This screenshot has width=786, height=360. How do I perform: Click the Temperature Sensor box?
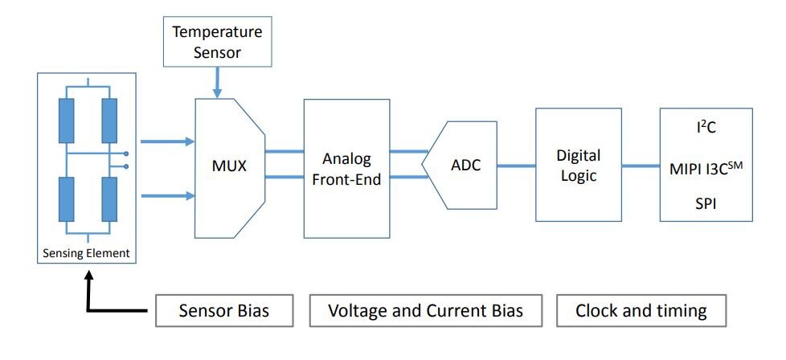coord(218,42)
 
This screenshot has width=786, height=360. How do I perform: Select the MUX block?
coord(230,168)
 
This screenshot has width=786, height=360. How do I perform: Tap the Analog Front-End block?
coord(347,169)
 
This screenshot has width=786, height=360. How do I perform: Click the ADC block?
coord(460,165)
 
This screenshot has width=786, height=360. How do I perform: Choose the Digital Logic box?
coord(579,165)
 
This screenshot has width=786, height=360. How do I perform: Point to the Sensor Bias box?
coord(224,311)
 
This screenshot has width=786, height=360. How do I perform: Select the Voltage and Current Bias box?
coord(426,311)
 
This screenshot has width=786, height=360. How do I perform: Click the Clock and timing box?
coord(641,311)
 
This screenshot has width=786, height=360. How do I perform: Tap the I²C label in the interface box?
coord(706,128)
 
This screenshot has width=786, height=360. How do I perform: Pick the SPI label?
coord(706,204)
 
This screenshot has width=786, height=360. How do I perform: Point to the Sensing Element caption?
coord(86,253)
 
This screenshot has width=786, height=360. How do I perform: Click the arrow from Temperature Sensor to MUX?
coord(217,82)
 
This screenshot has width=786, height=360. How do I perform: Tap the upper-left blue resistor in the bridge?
coord(66,121)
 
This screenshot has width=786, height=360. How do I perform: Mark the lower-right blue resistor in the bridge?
coord(109,199)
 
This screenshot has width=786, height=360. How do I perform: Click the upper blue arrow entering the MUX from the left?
coord(167,141)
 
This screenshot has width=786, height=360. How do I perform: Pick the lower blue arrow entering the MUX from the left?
coord(167,195)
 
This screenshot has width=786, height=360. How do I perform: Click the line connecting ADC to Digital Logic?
coord(516,165)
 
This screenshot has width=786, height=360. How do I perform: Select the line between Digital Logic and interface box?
coord(641,165)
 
